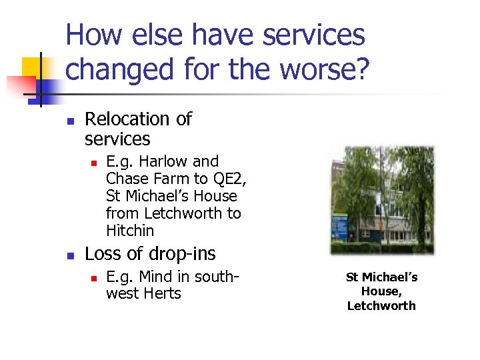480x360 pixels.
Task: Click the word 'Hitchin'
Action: point(130,231)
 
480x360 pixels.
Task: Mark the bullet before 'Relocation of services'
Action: point(69,121)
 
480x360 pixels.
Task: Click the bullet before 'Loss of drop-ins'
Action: point(69,255)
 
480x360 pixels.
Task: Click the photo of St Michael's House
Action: point(382,200)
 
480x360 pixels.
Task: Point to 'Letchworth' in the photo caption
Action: point(381,306)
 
